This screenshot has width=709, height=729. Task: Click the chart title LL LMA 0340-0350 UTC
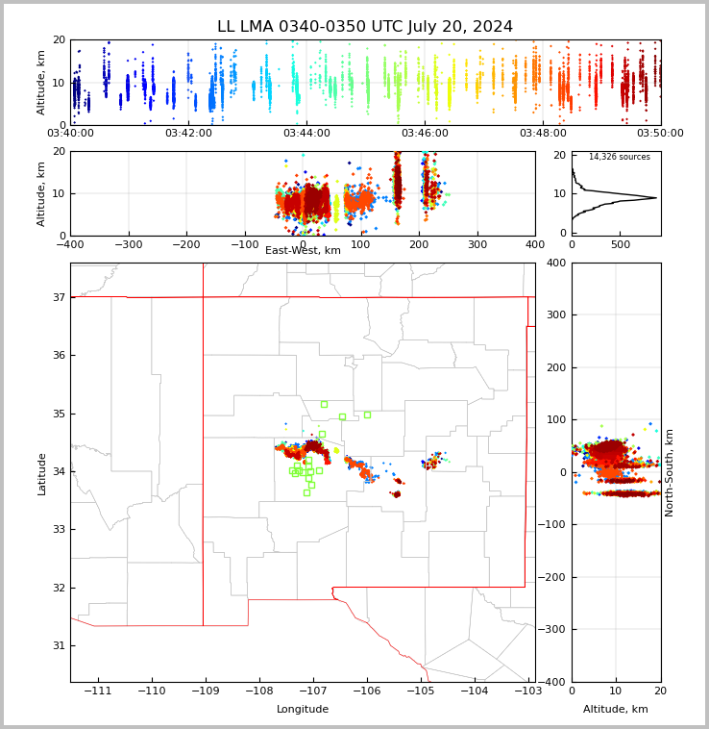point(365,27)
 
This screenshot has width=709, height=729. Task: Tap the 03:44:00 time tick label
point(306,134)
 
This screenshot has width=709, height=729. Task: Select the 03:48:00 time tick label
point(543,134)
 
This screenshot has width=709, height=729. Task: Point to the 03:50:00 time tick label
point(660,134)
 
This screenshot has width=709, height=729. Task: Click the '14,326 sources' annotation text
point(619,157)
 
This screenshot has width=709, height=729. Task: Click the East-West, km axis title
point(303,251)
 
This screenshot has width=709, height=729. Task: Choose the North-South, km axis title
point(670,472)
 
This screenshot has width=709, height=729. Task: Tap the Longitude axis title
point(303,710)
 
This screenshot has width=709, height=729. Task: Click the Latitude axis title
point(42,473)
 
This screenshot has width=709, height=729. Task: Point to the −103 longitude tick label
point(527,691)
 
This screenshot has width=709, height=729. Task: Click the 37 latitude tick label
point(59,298)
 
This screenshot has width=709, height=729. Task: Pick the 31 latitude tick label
point(59,645)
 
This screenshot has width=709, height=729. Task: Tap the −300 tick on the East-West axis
point(128,244)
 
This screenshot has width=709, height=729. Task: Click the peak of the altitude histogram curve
point(656,198)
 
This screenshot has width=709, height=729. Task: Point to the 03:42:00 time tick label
point(188,134)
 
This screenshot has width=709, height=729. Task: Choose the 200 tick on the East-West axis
point(419,244)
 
